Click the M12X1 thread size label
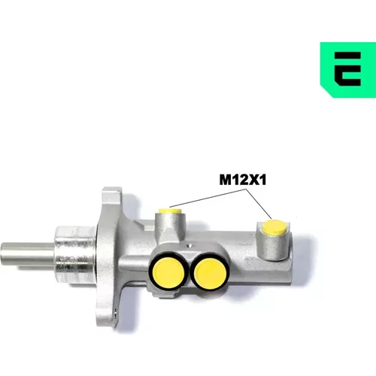click(x=242, y=180)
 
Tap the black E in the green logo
click(x=347, y=69)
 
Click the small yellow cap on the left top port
click(x=170, y=211)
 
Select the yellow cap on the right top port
click(x=275, y=227)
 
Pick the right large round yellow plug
click(x=211, y=274)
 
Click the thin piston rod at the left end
click(x=28, y=253)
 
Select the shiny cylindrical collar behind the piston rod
click(x=75, y=255)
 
